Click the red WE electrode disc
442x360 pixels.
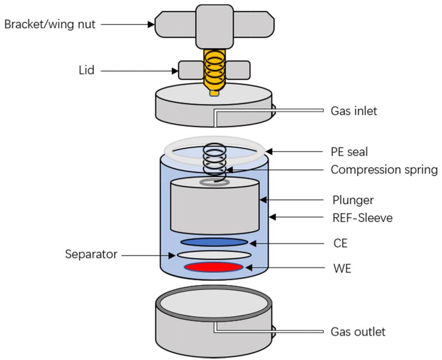[x=214, y=267]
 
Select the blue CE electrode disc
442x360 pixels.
[x=214, y=242]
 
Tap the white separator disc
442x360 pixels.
[x=214, y=255]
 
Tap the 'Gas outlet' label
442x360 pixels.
[x=358, y=332]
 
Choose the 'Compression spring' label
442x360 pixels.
[x=384, y=170]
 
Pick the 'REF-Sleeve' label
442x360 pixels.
[x=362, y=217]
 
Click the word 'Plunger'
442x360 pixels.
[x=352, y=200]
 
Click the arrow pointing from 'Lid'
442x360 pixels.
[x=140, y=71]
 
